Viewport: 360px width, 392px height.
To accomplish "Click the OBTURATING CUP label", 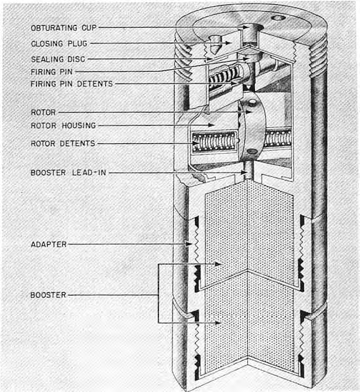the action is point(64,28).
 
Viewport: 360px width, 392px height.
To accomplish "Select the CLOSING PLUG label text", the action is point(59,43).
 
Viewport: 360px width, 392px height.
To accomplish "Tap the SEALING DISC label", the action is point(58,59).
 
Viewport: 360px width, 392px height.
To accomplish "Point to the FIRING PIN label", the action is point(51,72).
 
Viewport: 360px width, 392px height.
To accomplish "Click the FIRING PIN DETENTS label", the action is point(72,83).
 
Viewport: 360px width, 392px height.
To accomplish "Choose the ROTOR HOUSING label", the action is point(63,126).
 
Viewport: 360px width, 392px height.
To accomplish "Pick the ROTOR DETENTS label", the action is point(63,143).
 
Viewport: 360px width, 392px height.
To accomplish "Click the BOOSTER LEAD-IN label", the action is point(68,173).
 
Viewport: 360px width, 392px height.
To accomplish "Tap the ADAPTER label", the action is point(49,244).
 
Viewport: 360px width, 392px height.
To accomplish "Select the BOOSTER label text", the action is point(48,295).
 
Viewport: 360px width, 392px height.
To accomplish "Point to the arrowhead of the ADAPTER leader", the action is point(190,244).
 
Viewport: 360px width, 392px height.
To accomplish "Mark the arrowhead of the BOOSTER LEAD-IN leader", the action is point(244,173).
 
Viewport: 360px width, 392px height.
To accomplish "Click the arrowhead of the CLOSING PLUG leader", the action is point(228,43).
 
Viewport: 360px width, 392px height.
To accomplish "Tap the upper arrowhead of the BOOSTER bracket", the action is point(218,264).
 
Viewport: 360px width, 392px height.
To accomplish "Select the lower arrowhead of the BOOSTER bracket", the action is point(218,323).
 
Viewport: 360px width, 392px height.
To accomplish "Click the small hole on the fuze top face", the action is point(278,18).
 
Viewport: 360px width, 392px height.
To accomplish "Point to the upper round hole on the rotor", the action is point(252,102).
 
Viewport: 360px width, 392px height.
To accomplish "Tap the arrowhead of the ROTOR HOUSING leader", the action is point(212,125).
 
